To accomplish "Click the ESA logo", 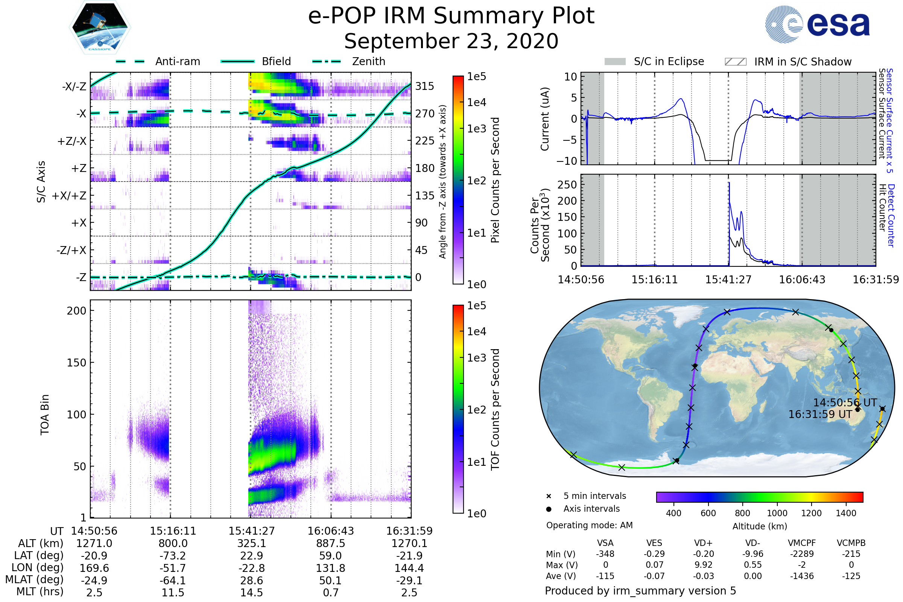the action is (x=817, y=24).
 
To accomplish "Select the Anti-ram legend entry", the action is (x=158, y=61).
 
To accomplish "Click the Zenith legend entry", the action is (x=349, y=61).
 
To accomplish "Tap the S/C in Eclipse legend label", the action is (x=669, y=61).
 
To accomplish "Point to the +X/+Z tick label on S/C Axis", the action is (x=69, y=196).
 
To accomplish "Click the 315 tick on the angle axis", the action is (x=425, y=86).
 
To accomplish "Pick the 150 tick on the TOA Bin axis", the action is (x=76, y=363).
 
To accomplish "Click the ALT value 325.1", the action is (x=251, y=543).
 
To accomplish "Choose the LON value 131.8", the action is (x=331, y=568).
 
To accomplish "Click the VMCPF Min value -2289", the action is (x=802, y=554).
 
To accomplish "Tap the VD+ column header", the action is (x=703, y=543).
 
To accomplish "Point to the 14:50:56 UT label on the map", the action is (x=845, y=402).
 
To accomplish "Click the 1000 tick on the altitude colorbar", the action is (x=777, y=513).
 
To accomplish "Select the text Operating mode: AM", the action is (x=589, y=525).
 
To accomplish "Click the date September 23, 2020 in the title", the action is (x=451, y=41).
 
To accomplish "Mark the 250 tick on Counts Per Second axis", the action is (x=567, y=185).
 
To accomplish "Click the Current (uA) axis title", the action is (x=545, y=119).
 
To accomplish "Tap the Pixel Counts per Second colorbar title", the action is (x=495, y=180).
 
